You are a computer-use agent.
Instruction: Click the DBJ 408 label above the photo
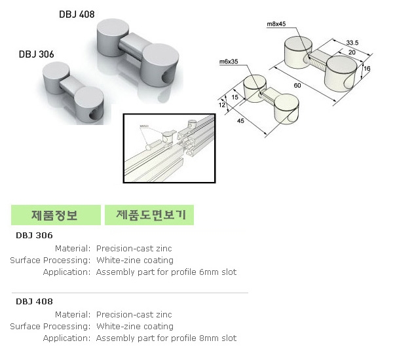[x=77, y=14]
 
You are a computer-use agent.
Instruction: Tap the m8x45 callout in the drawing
[x=276, y=24]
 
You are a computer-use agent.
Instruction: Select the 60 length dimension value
[x=297, y=86]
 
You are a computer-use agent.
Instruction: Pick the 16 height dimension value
[x=367, y=68]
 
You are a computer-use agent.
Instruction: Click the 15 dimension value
[x=234, y=98]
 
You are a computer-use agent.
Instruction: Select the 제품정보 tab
[x=56, y=215]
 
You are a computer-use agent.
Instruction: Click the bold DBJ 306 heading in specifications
[x=34, y=236]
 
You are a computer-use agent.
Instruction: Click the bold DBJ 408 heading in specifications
[x=34, y=302]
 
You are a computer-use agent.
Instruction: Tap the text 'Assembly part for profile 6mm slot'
[x=166, y=272]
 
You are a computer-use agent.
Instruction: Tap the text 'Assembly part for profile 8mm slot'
[x=166, y=338]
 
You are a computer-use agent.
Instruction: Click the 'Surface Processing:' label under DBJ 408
[x=50, y=326]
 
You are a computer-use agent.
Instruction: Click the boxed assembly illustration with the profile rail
[x=169, y=147]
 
